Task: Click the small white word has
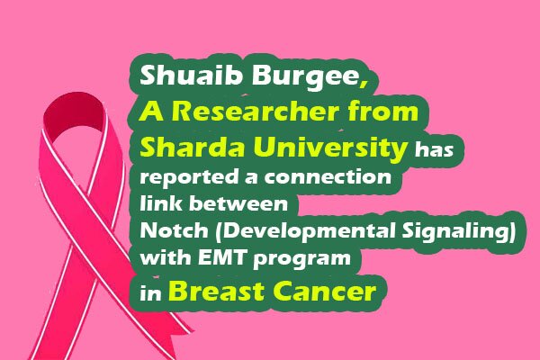pyautogui.click(x=434, y=149)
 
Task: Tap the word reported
pyautogui.click(x=189, y=178)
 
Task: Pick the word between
pyautogui.click(x=238, y=202)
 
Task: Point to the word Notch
pyautogui.click(x=174, y=229)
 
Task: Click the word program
pyautogui.click(x=301, y=259)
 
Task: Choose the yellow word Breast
pyautogui.click(x=216, y=291)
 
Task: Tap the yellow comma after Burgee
pyautogui.click(x=364, y=84)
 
